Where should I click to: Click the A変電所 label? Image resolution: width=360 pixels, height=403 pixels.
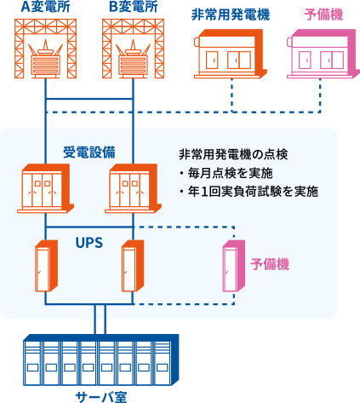click(x=46, y=7)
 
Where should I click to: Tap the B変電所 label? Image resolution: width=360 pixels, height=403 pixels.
click(x=134, y=7)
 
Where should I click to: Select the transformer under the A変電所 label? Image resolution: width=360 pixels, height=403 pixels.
click(x=46, y=59)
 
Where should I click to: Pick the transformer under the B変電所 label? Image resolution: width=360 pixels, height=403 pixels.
click(x=134, y=59)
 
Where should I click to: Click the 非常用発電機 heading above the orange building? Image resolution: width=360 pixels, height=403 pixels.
click(x=231, y=14)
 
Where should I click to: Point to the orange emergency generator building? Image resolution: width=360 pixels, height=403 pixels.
click(x=231, y=54)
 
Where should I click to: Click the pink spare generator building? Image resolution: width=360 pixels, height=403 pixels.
click(x=323, y=54)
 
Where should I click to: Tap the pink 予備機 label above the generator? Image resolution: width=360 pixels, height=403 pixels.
click(x=323, y=14)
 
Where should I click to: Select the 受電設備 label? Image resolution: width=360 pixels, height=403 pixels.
click(x=89, y=153)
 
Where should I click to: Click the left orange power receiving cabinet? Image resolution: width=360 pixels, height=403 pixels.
click(x=45, y=188)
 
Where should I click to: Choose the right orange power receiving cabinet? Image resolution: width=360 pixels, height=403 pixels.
click(x=133, y=188)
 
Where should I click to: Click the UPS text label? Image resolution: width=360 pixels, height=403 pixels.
click(x=89, y=243)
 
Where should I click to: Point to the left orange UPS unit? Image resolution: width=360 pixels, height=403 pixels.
click(x=46, y=266)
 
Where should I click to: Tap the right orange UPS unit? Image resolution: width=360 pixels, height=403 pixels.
click(x=133, y=266)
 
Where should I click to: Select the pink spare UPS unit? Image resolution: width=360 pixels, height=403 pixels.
click(x=234, y=266)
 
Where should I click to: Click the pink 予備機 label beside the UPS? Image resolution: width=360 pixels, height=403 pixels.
click(x=270, y=264)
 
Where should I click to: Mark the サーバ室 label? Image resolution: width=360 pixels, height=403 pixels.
click(x=101, y=397)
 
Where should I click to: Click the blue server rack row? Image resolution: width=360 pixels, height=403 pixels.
click(x=101, y=360)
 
